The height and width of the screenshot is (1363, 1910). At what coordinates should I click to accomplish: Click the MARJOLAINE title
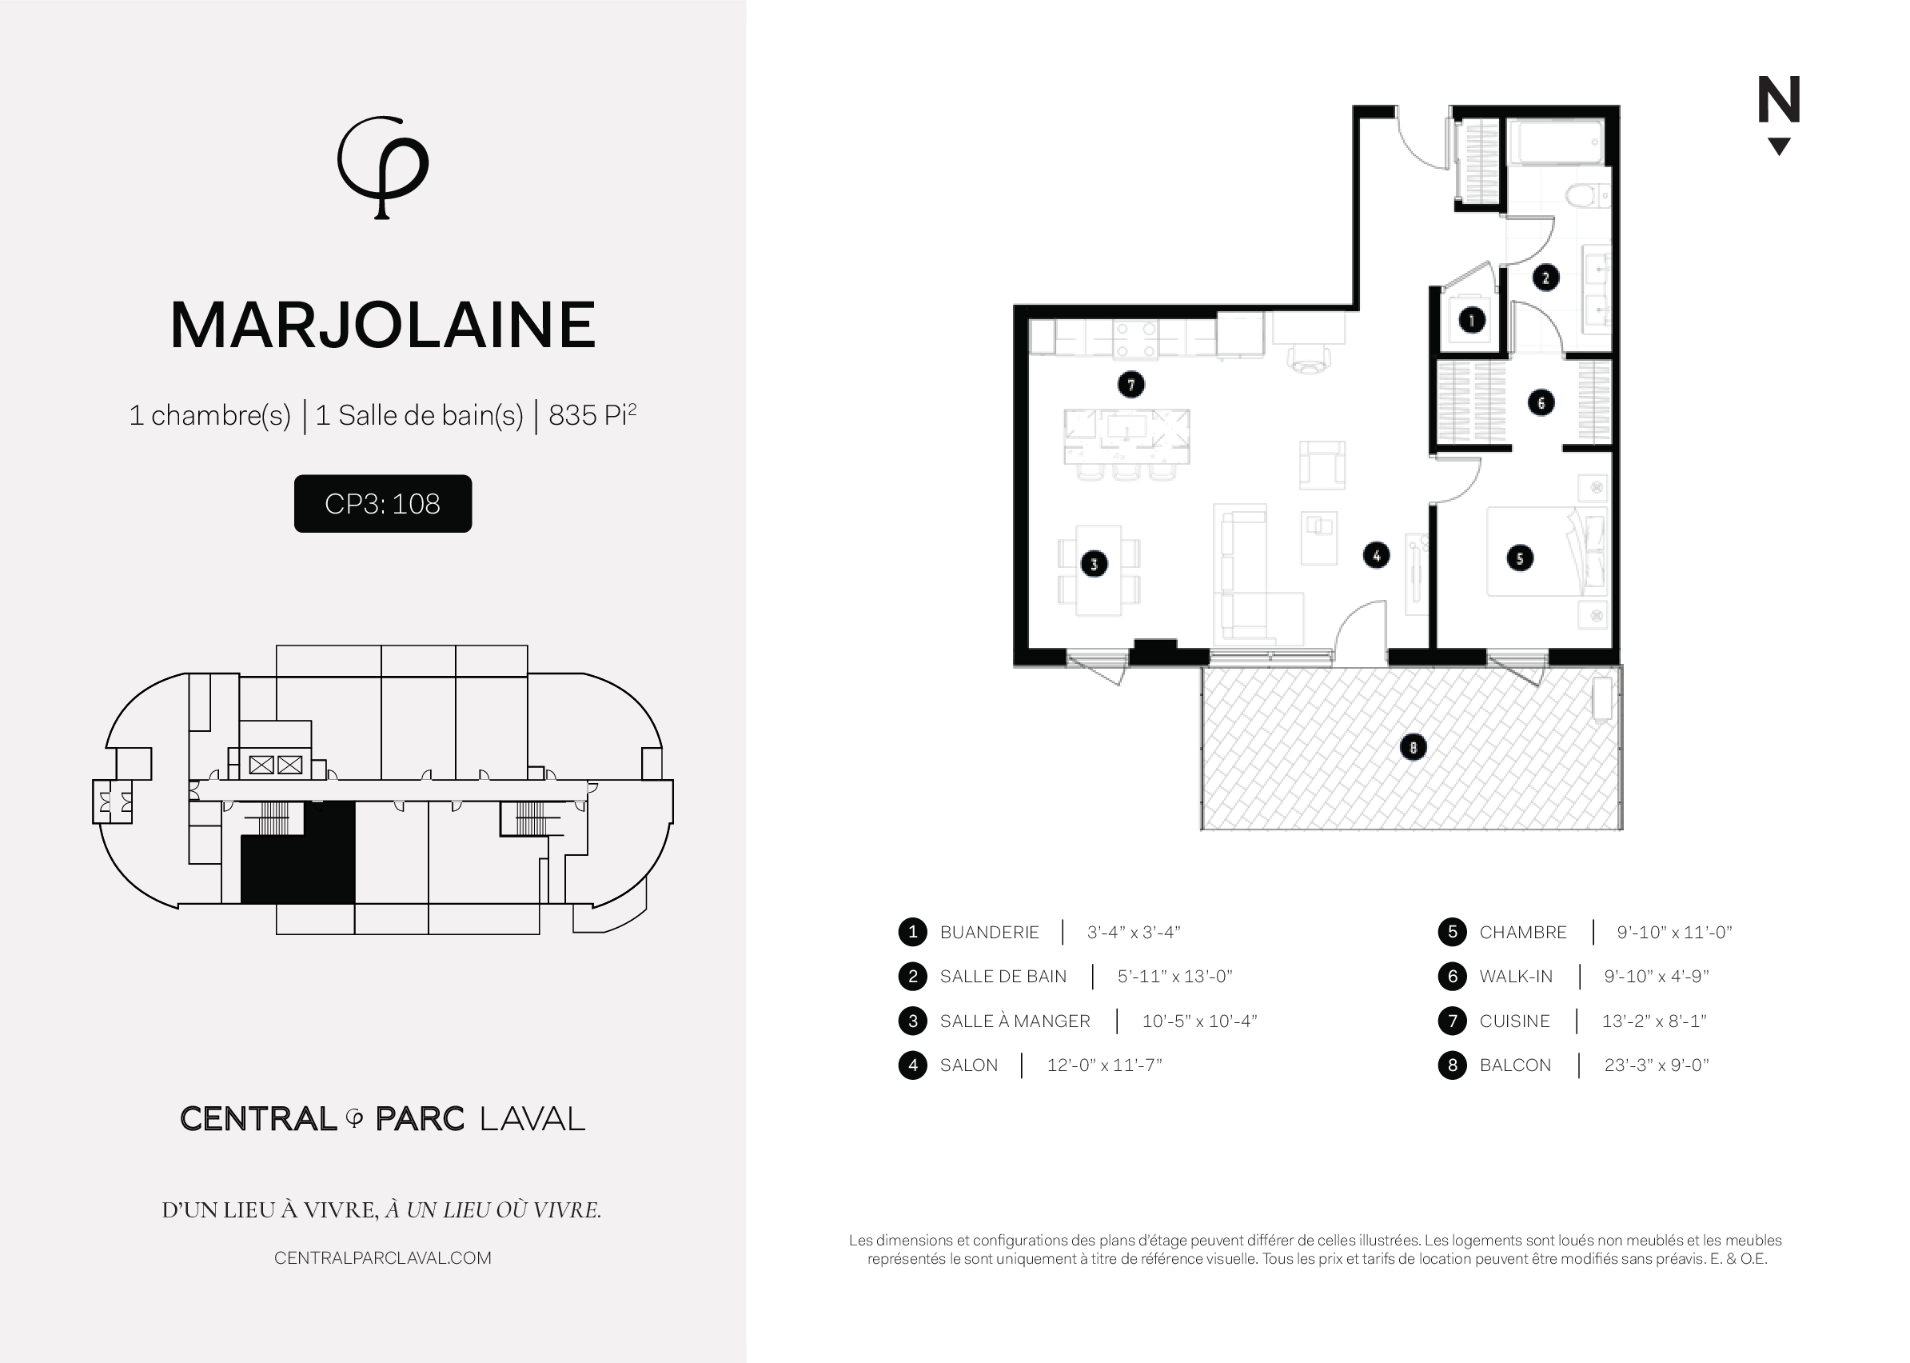(383, 326)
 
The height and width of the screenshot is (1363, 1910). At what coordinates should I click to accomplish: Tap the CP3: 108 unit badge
(382, 504)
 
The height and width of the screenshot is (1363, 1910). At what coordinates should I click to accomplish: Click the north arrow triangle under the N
(1778, 147)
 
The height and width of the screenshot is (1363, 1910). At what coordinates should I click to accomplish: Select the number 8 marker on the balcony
(1414, 747)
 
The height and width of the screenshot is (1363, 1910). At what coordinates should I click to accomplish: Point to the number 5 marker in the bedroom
(1520, 558)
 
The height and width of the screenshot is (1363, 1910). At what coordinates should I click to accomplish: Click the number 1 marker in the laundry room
(1471, 320)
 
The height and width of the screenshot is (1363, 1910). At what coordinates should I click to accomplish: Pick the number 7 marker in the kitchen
(1130, 385)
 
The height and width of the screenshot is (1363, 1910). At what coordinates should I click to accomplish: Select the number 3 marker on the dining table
(1093, 564)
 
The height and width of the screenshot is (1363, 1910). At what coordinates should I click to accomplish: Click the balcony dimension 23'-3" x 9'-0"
(1657, 1065)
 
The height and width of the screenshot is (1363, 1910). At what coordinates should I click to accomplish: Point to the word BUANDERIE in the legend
(989, 933)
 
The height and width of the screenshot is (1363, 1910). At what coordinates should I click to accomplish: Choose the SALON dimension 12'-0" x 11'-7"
(1105, 1065)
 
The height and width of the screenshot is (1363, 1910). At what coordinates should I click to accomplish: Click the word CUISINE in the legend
(1514, 1021)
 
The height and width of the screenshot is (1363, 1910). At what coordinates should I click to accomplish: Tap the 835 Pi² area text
(592, 414)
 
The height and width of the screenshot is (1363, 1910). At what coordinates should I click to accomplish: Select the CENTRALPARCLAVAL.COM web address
(382, 1258)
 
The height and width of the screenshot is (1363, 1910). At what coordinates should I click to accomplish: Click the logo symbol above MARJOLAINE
(382, 167)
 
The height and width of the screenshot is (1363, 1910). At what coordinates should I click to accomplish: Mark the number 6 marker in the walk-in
(1541, 403)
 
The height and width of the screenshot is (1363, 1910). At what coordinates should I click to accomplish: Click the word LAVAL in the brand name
(532, 1119)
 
